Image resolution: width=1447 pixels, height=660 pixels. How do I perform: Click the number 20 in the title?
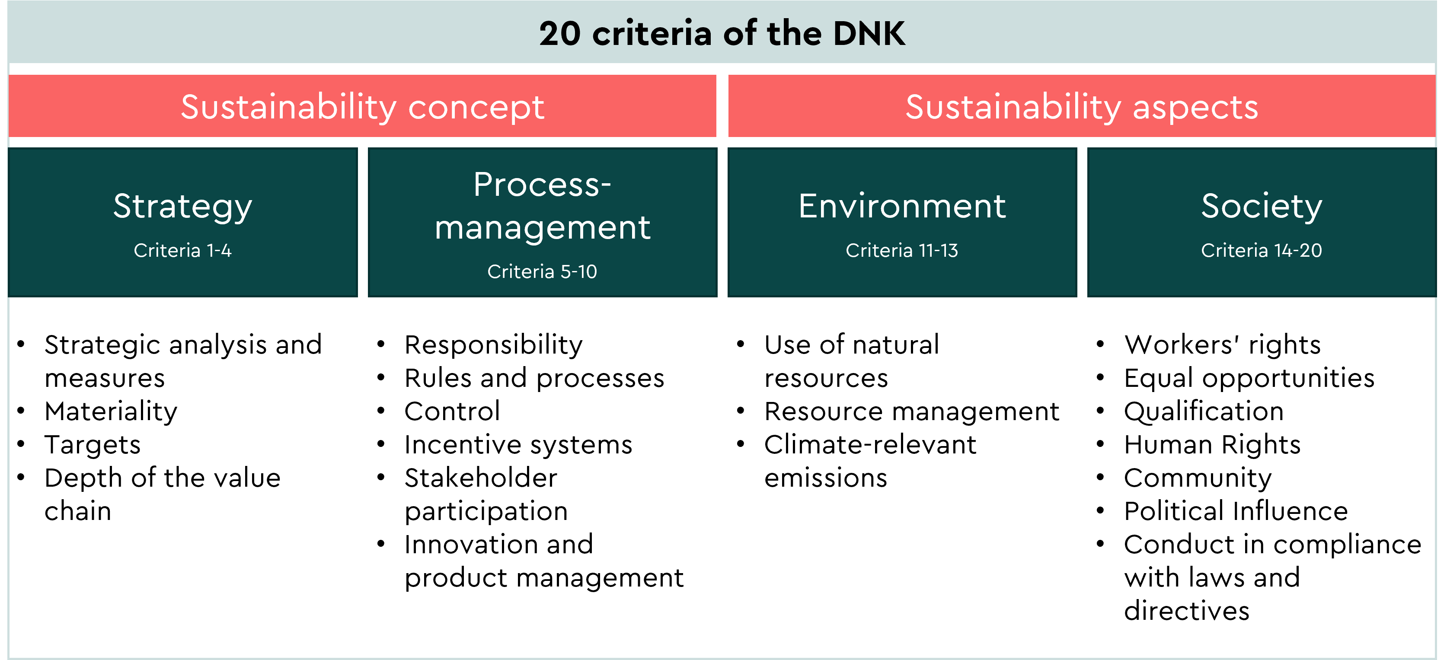tap(559, 34)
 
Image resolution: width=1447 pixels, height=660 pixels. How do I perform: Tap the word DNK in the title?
tap(869, 34)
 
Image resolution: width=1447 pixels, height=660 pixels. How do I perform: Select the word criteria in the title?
tap(652, 34)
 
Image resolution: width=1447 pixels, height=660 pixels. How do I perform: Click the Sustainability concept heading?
tap(362, 107)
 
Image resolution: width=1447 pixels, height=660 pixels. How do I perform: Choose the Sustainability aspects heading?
tap(1081, 107)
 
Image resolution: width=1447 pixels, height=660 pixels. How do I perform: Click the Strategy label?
tap(182, 206)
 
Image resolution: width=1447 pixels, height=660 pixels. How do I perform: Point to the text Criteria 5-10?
tap(542, 271)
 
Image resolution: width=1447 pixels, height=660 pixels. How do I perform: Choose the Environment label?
tap(901, 206)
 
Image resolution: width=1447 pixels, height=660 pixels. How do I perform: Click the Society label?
tap(1261, 206)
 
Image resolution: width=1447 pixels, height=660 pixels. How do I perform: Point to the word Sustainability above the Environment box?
tap(1013, 107)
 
